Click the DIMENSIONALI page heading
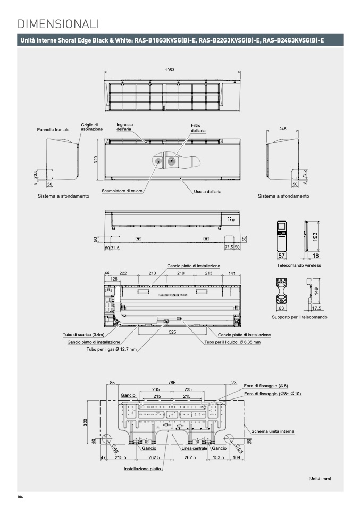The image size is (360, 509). [58, 24]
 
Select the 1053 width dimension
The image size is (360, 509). [170, 70]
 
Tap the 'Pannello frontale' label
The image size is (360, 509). [53, 130]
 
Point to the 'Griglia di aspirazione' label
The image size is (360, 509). [91, 127]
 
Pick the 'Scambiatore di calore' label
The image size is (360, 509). [122, 191]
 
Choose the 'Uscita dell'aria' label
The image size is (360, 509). [207, 191]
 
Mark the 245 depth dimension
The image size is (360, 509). [283, 129]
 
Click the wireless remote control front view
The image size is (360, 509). [282, 236]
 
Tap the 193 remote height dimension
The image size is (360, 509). [315, 236]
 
